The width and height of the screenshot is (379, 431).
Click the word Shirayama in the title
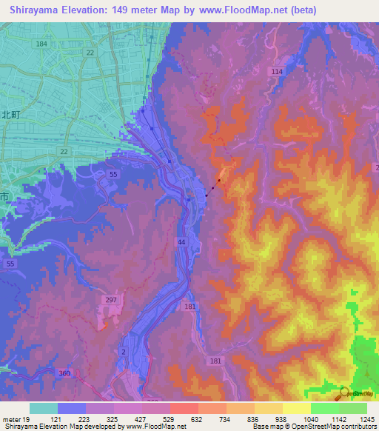point(30,10)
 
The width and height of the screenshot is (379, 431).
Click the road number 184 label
point(41,45)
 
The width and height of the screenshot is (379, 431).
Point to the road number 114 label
point(277,71)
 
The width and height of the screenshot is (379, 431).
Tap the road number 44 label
point(181,242)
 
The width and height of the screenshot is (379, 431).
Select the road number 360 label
point(64,374)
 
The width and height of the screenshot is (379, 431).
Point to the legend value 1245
point(368,418)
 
